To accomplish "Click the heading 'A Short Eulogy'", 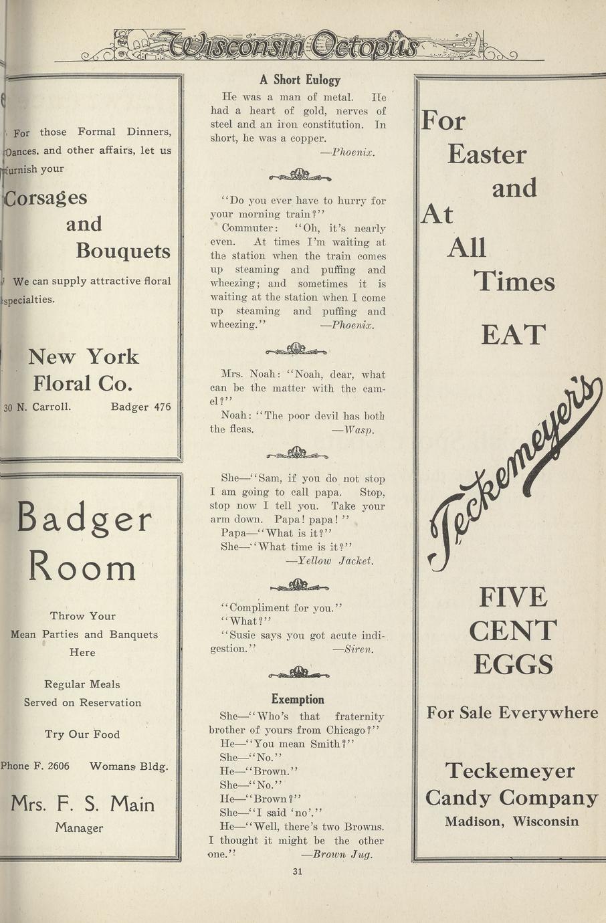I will point(300,80).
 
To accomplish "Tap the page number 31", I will point(298,871).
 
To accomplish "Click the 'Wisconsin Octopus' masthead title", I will point(294,45).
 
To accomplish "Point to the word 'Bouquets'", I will point(123,251).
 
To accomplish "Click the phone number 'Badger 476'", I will point(140,406).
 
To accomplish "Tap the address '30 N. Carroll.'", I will point(37,406).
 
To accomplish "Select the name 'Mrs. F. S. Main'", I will point(83,803).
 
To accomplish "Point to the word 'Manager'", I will point(79,828).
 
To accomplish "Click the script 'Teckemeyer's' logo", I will point(515,468).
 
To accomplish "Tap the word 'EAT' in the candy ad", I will point(513,334).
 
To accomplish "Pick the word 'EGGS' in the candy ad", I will point(513,664).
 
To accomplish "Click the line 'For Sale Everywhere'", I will point(512,713).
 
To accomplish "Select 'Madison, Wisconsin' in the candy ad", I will point(512,821).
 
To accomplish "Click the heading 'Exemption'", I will point(298,700).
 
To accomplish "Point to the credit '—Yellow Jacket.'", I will point(330,560).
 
